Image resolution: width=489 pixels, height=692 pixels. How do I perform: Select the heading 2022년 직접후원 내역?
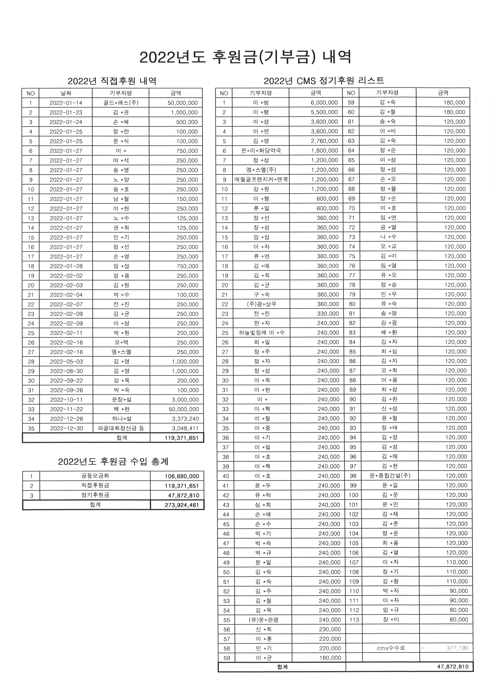click(112, 81)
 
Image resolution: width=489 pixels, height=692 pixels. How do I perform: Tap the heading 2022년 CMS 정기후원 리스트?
click(324, 81)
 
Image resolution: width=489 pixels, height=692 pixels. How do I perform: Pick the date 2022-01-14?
click(66, 103)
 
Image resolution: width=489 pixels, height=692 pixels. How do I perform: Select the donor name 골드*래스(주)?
click(121, 103)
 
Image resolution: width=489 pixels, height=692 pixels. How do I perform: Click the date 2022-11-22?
click(66, 409)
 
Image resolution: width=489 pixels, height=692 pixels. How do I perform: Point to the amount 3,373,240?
click(185, 419)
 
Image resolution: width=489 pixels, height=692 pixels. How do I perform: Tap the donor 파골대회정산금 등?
click(121, 428)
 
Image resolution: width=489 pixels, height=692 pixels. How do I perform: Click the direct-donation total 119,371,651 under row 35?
click(182, 438)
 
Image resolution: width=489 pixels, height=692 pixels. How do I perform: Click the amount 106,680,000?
click(182, 476)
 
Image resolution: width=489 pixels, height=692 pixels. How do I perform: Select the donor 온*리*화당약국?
click(261, 150)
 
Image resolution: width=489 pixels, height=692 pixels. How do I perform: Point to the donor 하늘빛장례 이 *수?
click(262, 333)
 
